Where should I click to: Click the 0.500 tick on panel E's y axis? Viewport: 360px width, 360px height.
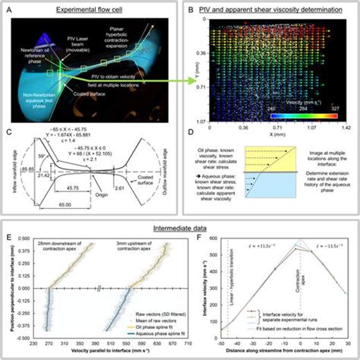[x=26, y=240]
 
